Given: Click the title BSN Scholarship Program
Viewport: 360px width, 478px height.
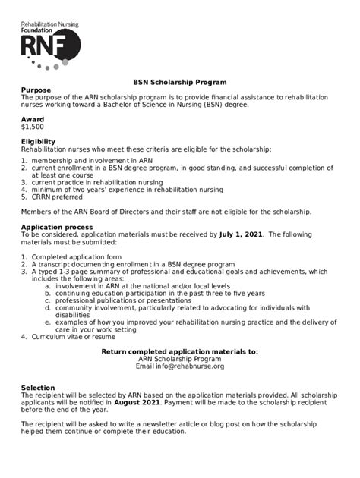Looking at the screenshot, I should pos(180,82).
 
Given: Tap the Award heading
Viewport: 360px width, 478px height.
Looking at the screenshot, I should pos(33,119).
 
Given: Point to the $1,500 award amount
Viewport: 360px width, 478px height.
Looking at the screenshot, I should pos(33,127).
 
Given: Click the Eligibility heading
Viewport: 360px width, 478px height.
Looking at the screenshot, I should pos(38,141).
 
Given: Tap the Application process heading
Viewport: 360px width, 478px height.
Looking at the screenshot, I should pos(57,227).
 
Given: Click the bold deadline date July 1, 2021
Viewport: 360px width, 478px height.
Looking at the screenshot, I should pos(242,234).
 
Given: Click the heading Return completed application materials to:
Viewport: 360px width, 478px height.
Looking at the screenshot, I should pos(180,351).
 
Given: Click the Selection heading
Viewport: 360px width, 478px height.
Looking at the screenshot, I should pos(38,388).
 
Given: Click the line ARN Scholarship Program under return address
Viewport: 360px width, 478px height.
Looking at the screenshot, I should pos(180,358).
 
